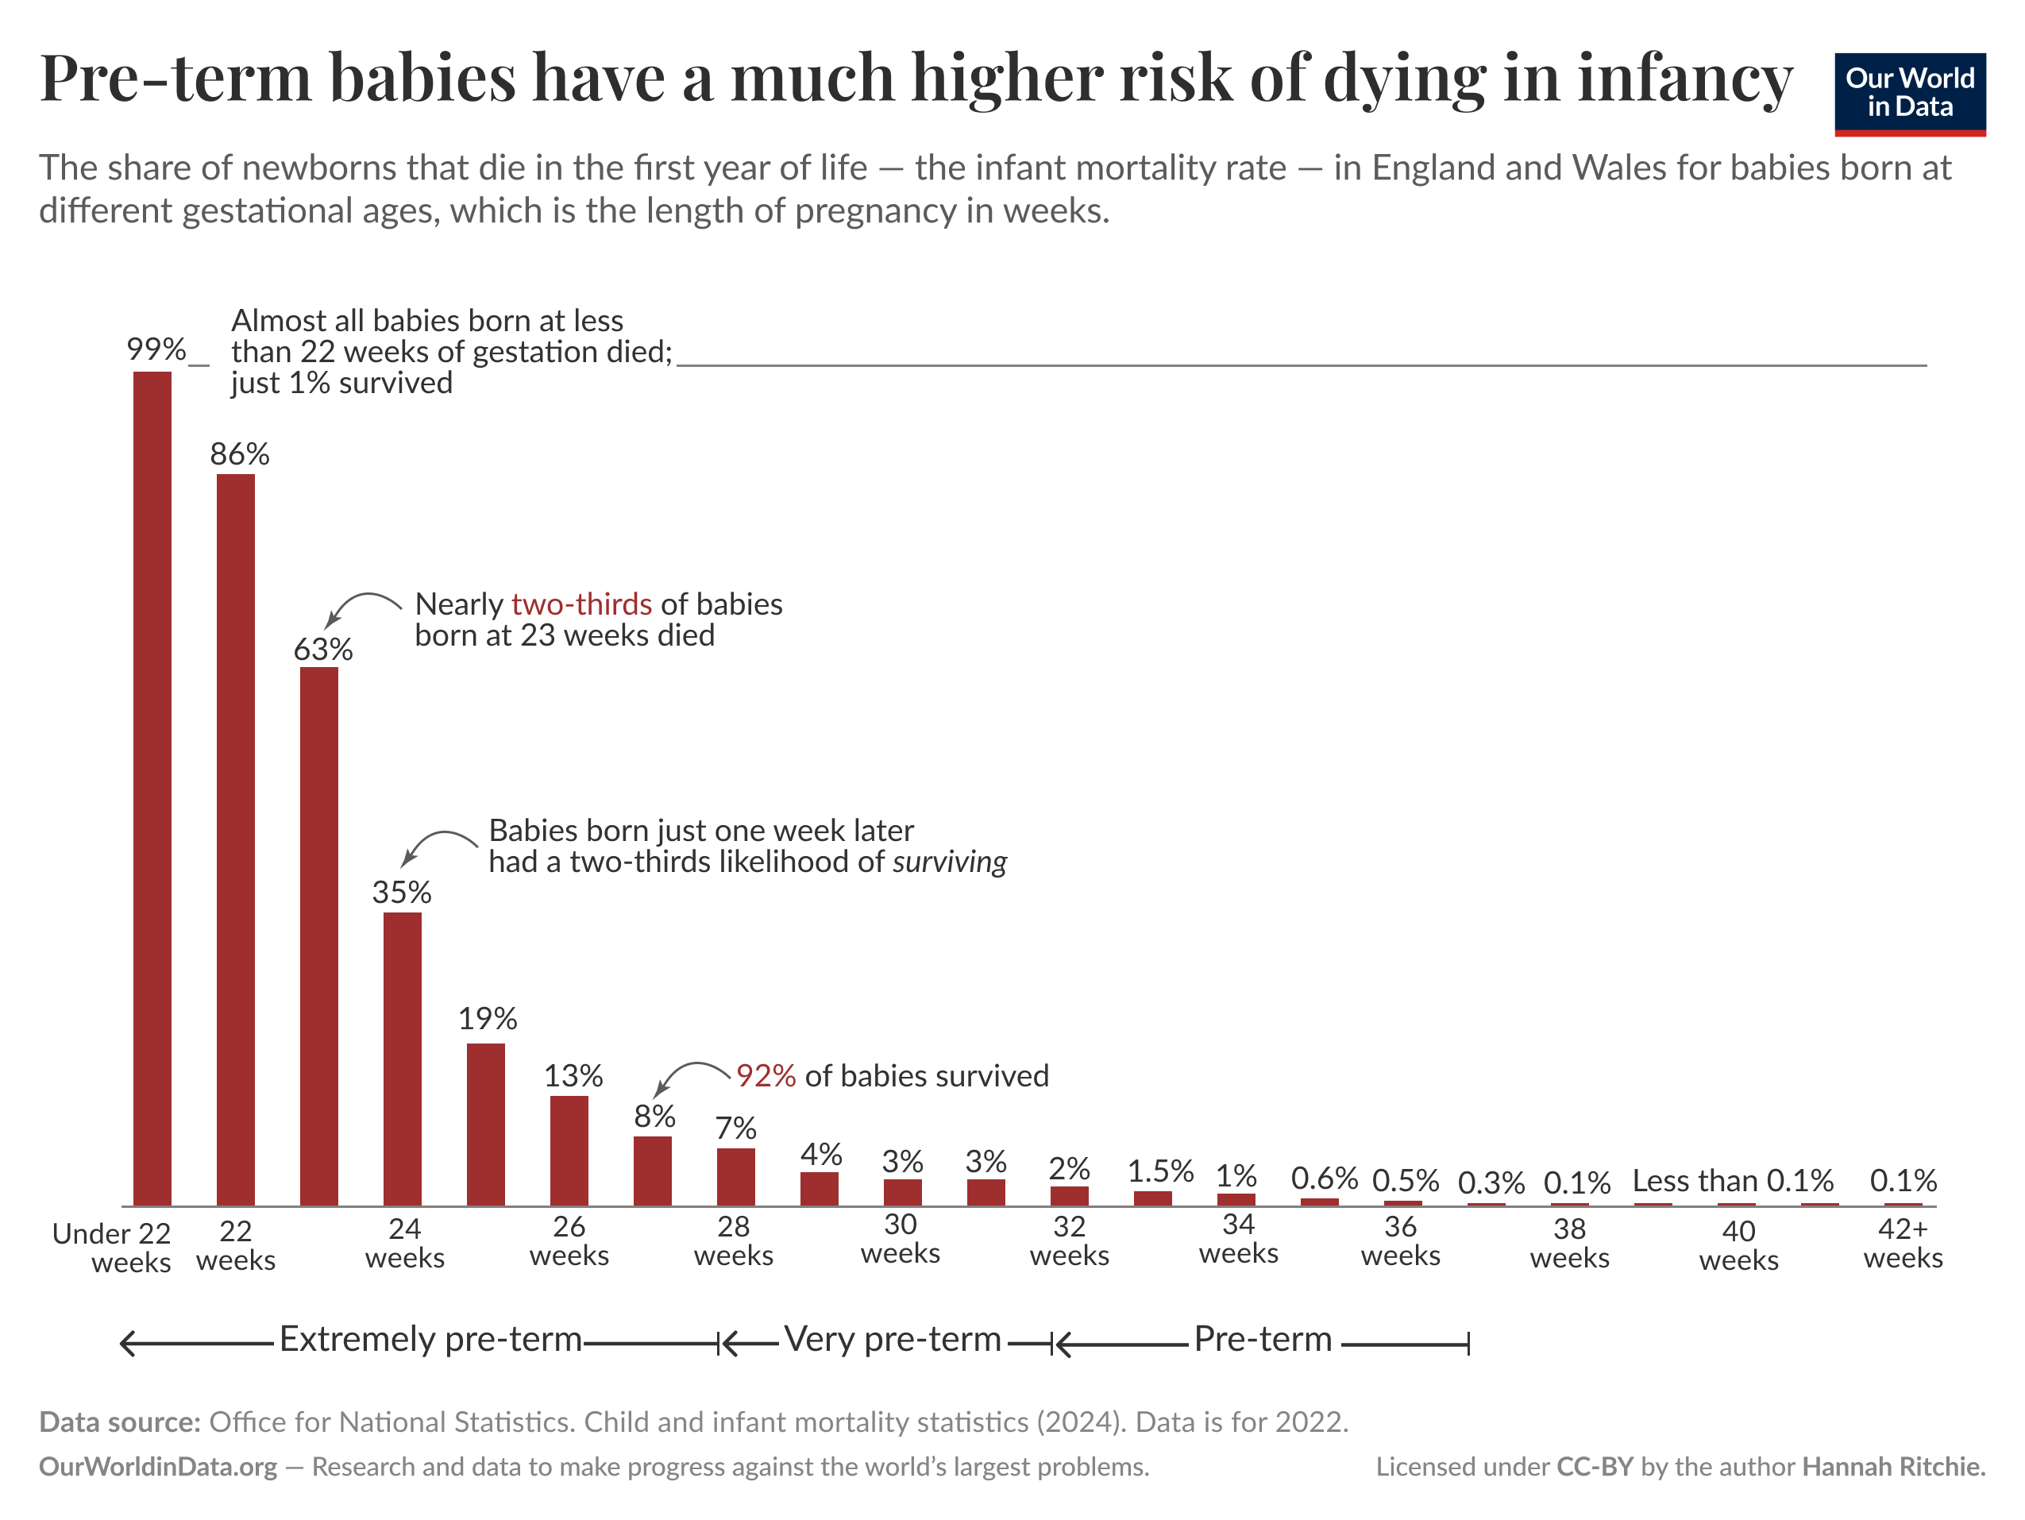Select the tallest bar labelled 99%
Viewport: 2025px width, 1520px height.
tap(152, 788)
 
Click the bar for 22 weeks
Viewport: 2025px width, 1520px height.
tap(235, 838)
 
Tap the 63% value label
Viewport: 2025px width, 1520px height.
tap(322, 649)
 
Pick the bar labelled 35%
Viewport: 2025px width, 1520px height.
tap(402, 1058)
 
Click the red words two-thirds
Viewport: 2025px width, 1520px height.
tap(581, 604)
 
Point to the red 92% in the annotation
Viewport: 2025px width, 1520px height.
tap(766, 1075)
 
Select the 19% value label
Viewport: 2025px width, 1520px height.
tap(487, 1018)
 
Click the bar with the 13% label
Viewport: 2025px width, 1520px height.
tap(569, 1150)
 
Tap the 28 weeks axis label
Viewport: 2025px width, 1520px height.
tap(733, 1240)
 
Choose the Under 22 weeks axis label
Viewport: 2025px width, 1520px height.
tap(113, 1247)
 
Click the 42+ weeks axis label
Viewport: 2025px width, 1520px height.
tap(1903, 1243)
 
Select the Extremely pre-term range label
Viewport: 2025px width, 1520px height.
tap(430, 1339)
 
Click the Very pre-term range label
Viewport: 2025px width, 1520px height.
tap(893, 1339)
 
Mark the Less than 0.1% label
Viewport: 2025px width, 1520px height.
tap(1732, 1180)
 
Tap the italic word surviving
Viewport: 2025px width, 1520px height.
tap(949, 862)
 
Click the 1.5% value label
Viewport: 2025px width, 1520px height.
tap(1160, 1171)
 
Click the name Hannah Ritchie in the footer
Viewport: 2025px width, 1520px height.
tap(1892, 1467)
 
